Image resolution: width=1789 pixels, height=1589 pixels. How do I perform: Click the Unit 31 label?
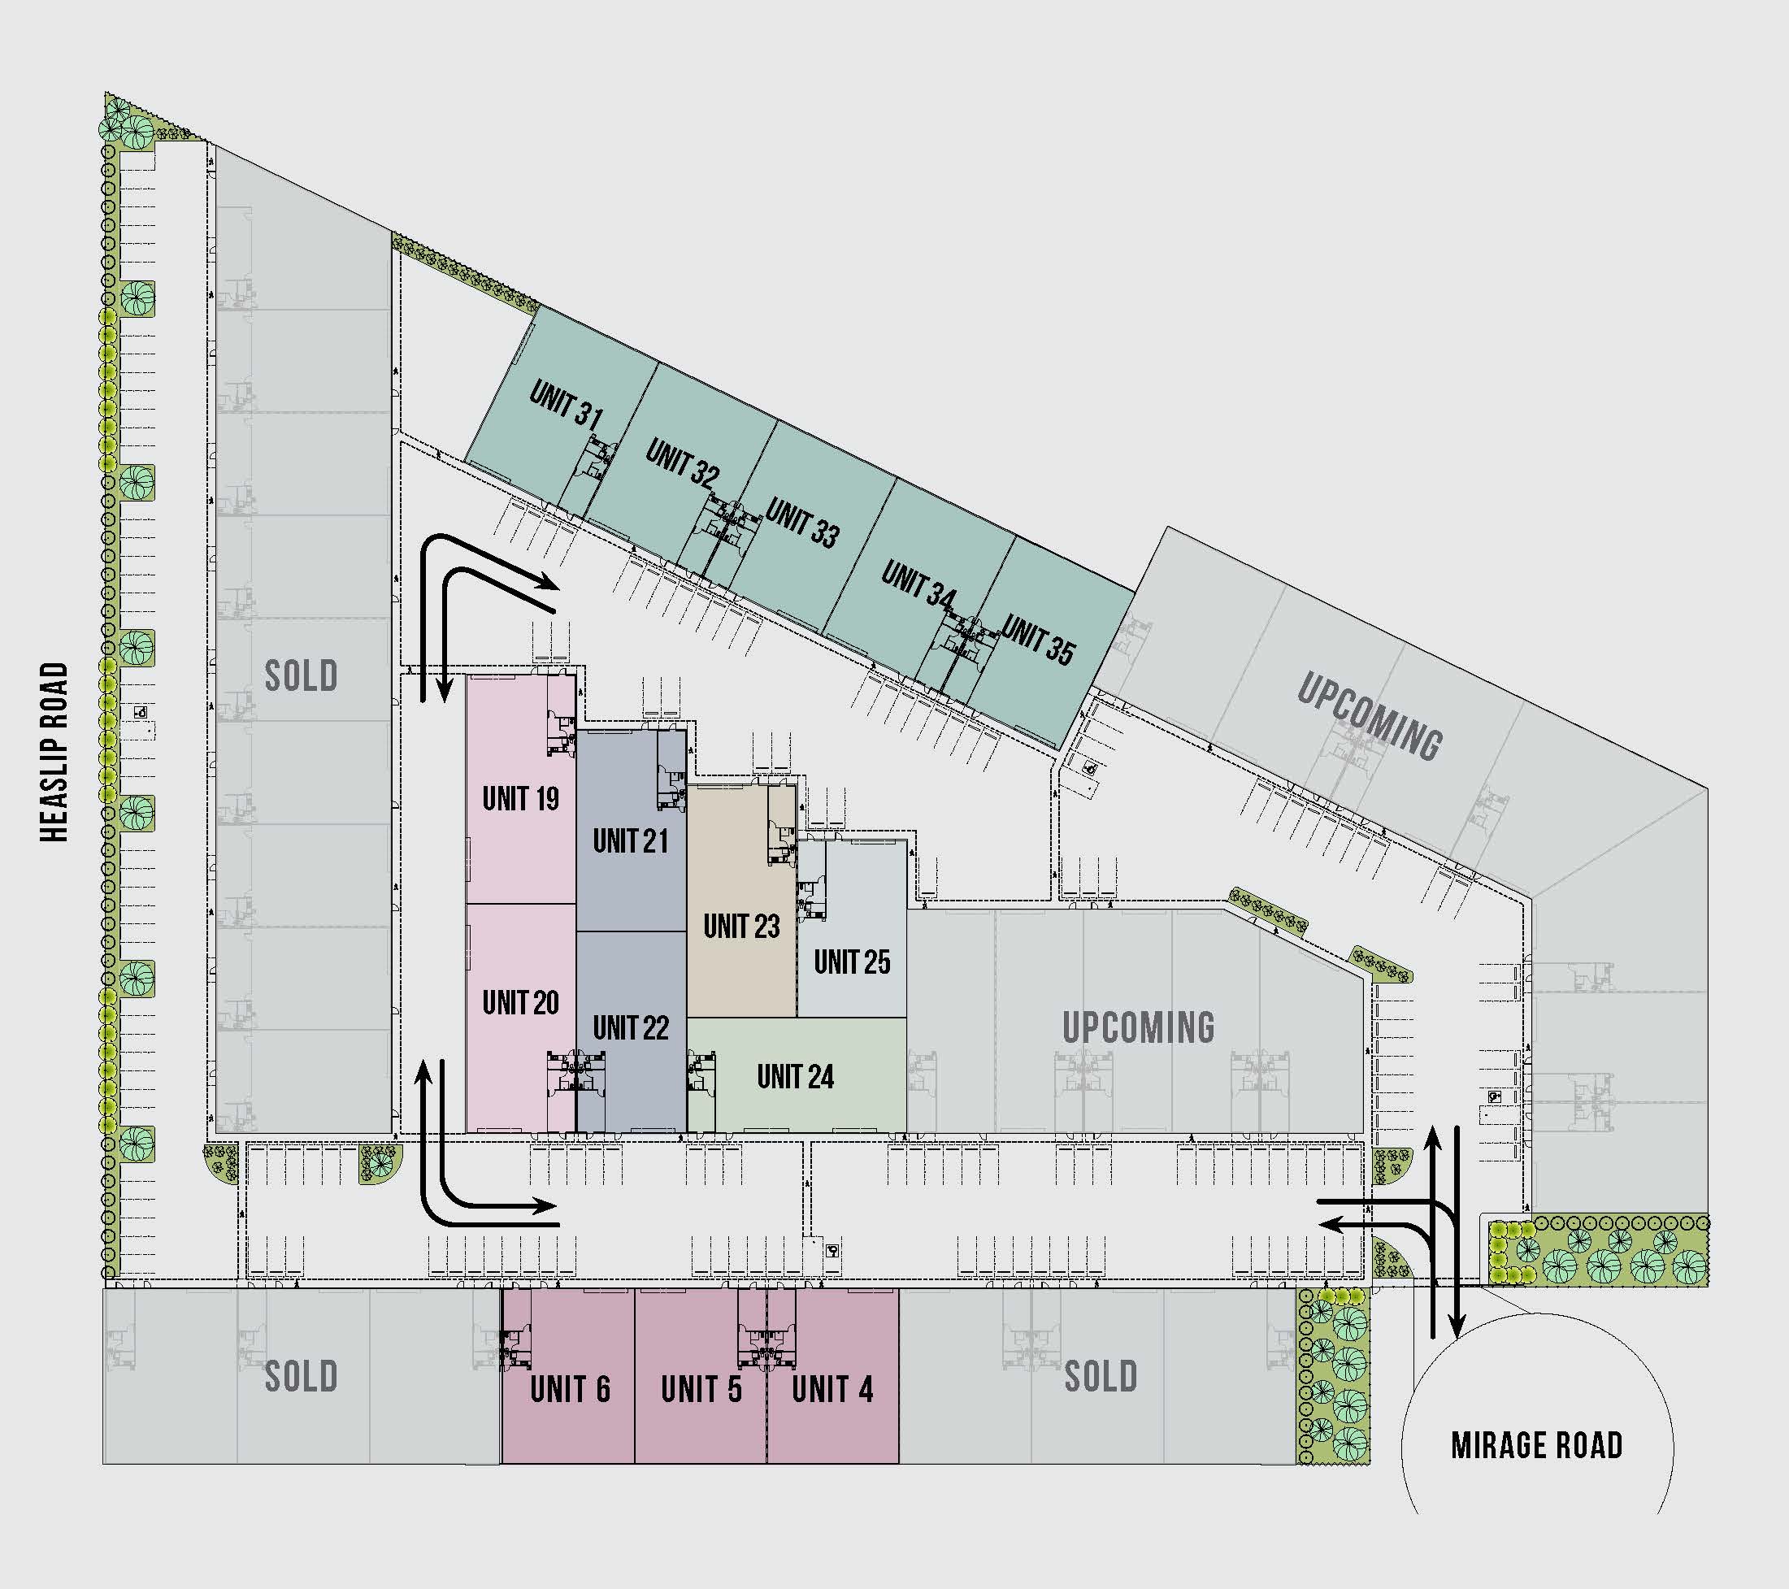(x=567, y=405)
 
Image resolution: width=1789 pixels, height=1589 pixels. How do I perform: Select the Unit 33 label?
(x=802, y=523)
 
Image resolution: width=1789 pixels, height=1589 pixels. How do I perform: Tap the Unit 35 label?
(x=1038, y=640)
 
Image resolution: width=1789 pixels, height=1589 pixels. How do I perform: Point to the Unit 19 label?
(x=521, y=798)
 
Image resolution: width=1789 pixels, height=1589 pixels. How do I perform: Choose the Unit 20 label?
(x=521, y=1002)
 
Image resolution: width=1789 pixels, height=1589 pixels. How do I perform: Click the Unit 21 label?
(x=630, y=841)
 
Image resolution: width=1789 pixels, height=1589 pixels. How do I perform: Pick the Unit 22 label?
(x=630, y=1027)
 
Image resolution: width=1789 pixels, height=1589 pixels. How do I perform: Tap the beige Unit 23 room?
(x=741, y=901)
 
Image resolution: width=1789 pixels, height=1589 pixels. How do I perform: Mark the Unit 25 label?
(x=852, y=962)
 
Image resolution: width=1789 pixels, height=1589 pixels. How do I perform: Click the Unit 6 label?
(x=570, y=1388)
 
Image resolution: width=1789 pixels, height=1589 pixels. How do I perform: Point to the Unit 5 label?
(x=701, y=1388)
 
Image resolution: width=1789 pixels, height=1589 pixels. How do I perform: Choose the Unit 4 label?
(x=832, y=1388)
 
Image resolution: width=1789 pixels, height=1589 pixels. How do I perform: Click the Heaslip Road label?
(x=54, y=753)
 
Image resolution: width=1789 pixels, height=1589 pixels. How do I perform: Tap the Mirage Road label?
(x=1537, y=1445)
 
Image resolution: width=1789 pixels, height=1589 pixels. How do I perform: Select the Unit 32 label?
(x=683, y=464)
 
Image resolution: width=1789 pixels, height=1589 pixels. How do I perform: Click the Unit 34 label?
(x=919, y=584)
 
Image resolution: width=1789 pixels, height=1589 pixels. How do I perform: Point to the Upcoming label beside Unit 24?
(x=1139, y=1027)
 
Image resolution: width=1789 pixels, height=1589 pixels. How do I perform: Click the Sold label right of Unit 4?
(x=1101, y=1376)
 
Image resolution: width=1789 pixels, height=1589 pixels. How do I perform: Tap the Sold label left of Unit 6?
(x=301, y=1376)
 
